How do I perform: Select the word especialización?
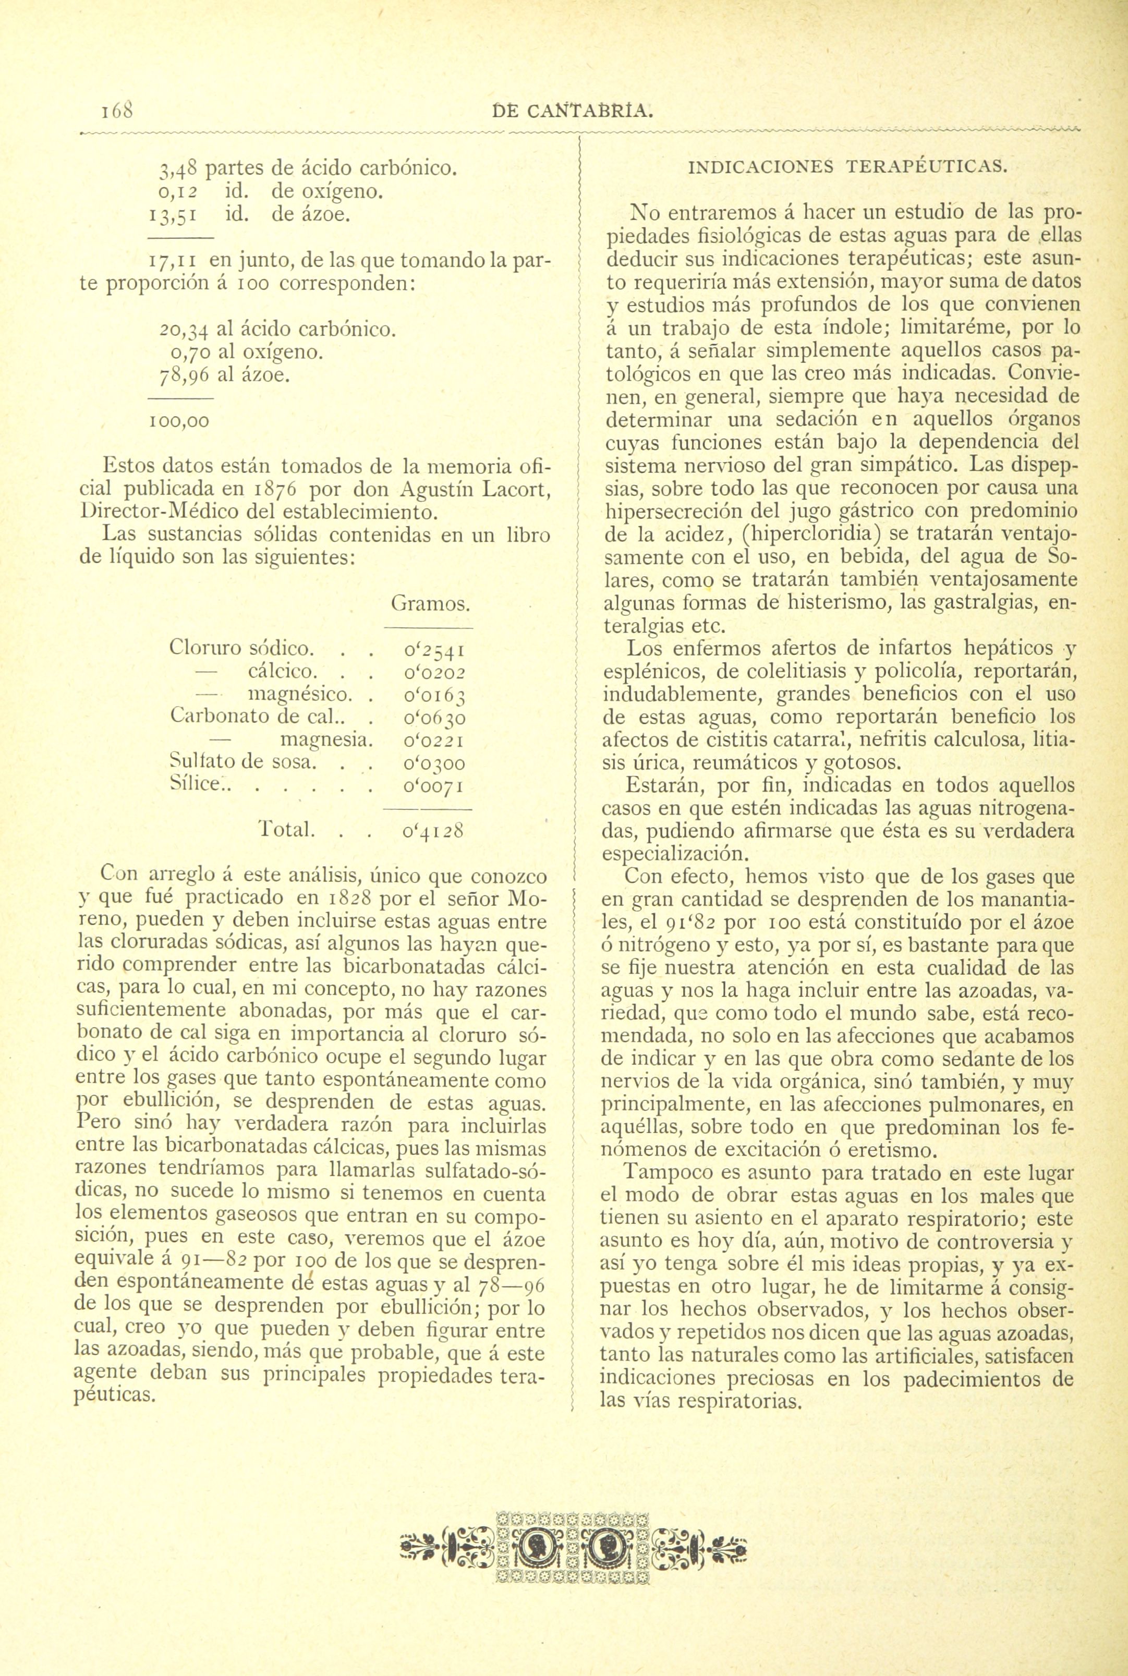[x=673, y=855]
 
